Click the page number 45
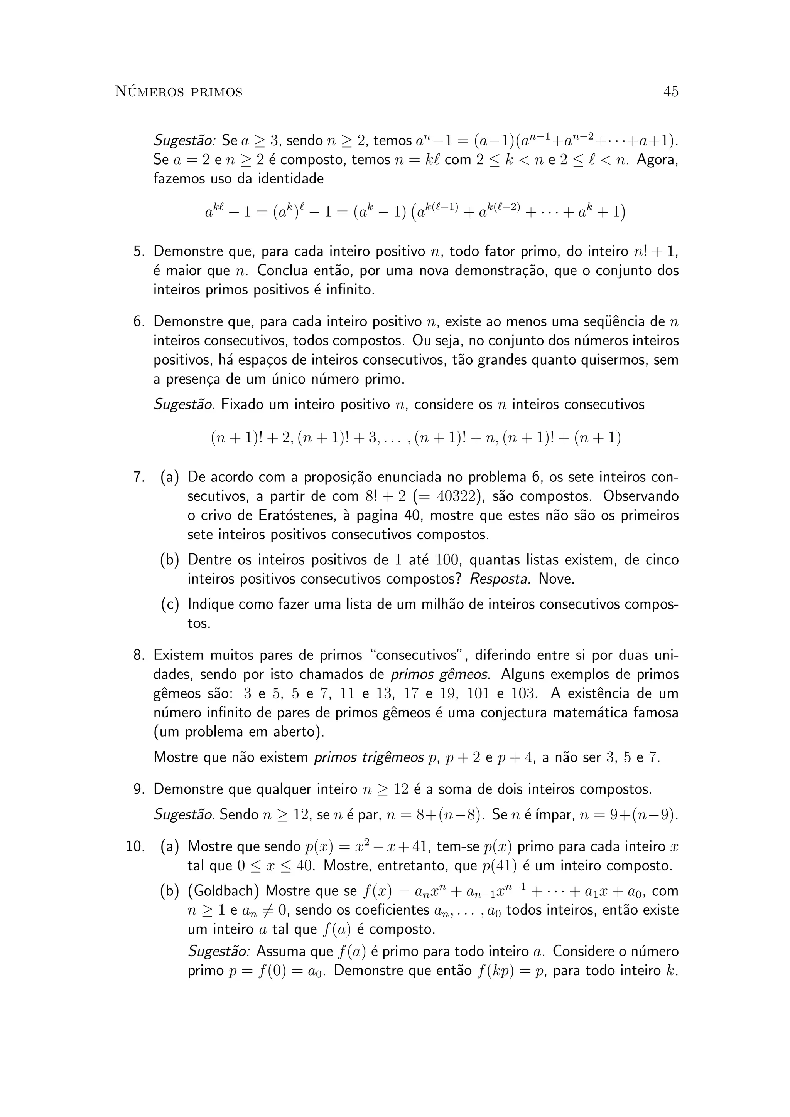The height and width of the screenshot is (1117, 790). click(x=670, y=91)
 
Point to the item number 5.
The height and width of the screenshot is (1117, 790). click(x=139, y=252)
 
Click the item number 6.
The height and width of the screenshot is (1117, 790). click(x=139, y=321)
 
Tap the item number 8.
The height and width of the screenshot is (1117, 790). click(x=139, y=655)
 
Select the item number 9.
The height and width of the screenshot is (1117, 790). click(x=139, y=789)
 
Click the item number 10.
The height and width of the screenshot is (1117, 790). click(x=135, y=846)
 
